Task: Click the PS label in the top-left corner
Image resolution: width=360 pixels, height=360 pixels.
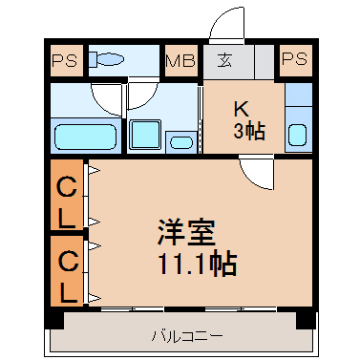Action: (65, 60)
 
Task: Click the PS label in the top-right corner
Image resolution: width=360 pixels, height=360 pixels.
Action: (294, 59)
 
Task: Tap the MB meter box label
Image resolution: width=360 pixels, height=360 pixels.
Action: (180, 61)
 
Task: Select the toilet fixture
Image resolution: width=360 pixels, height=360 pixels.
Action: (106, 59)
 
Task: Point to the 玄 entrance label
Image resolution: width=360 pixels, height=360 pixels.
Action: (224, 60)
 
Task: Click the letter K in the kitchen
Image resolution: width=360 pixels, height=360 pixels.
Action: (242, 110)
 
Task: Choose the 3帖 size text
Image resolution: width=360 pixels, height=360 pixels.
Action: (249, 131)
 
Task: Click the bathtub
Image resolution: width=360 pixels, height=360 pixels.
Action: (86, 137)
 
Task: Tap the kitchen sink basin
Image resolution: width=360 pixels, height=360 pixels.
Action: (298, 135)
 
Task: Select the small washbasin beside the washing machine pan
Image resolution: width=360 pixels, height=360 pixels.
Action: (181, 142)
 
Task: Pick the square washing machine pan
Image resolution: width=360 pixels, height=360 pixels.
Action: (145, 134)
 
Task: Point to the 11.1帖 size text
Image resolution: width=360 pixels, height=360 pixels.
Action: (198, 264)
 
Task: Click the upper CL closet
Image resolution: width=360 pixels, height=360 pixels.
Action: (67, 195)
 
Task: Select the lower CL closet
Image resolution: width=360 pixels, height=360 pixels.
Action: (67, 271)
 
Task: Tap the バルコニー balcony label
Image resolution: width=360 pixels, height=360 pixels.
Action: (187, 336)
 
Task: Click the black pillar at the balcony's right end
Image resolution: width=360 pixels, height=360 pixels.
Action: (307, 319)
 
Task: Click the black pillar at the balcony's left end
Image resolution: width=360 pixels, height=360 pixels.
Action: (54, 319)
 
